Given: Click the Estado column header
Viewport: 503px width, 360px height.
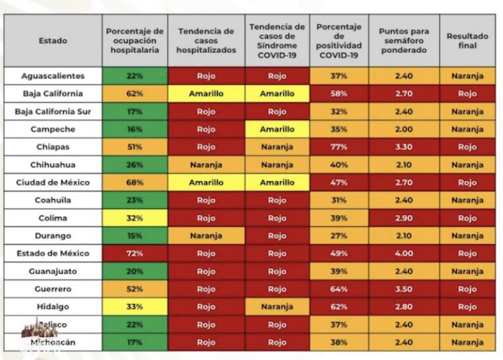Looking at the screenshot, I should point(52,40).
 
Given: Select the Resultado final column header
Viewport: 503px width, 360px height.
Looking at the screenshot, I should point(467,40).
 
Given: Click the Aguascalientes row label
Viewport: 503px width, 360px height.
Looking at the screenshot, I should point(52,75).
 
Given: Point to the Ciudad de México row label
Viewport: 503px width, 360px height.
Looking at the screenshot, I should point(52,183).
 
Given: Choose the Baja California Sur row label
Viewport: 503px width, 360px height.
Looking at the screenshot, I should point(52,111).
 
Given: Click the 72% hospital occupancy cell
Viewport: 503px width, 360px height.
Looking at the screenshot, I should point(134,254).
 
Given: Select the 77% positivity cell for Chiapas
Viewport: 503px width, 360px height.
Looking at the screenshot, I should point(339,147).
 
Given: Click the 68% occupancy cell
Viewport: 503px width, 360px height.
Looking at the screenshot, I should point(134,183).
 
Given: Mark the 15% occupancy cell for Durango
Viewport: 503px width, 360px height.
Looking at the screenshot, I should point(134,236).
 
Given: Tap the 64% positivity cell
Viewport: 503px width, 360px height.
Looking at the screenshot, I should point(339,289).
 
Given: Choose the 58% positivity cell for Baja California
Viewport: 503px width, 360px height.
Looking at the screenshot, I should point(339,93).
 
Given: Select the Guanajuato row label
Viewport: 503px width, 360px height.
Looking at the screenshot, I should point(52,272).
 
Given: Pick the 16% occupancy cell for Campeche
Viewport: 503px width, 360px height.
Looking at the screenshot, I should point(134,129).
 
